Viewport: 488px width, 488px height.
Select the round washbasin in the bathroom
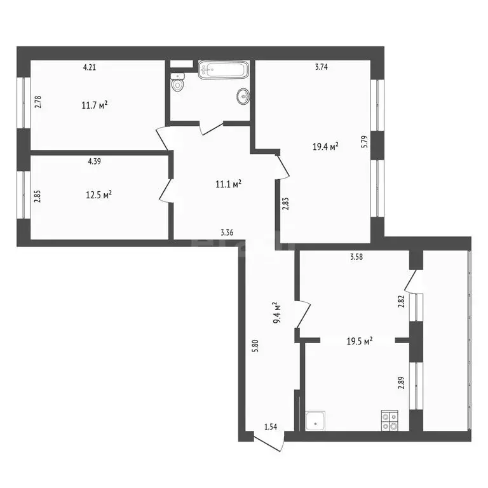(243, 97)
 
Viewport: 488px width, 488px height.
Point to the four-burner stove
(390, 420)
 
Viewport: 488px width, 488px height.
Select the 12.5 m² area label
(99, 195)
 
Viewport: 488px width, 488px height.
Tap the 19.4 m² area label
(325, 147)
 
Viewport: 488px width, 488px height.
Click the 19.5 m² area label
(359, 341)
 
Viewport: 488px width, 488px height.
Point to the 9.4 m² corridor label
(276, 312)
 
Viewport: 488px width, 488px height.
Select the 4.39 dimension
(95, 161)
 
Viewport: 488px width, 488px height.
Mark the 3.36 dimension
(227, 233)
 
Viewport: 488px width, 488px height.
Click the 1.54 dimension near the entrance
(271, 426)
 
